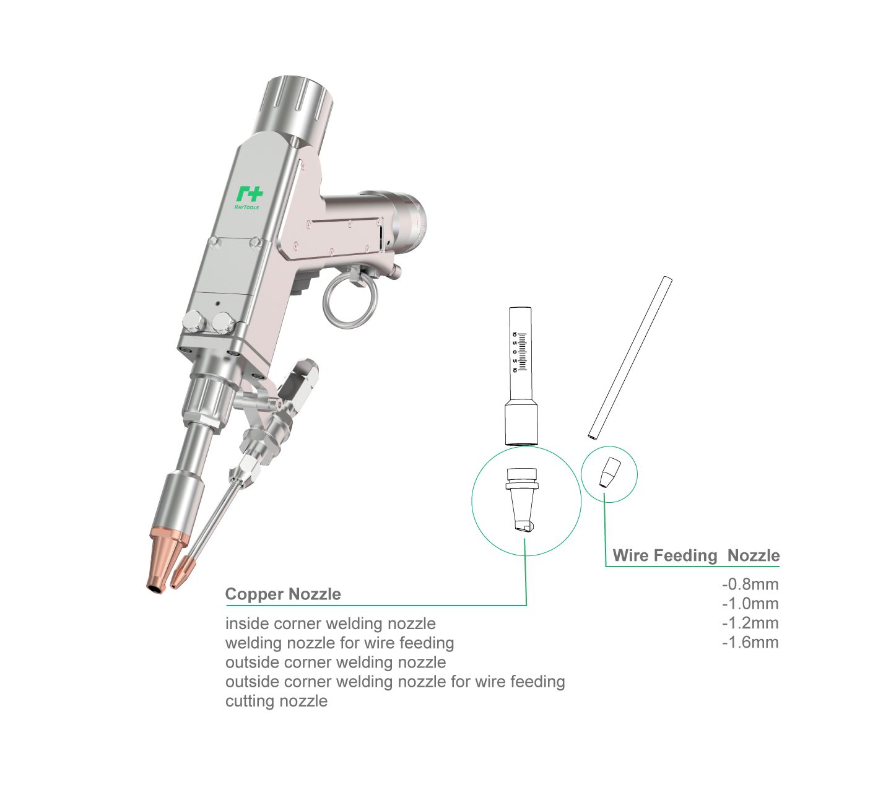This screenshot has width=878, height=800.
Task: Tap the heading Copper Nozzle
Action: (283, 594)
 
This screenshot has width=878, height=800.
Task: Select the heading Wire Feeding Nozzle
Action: (696, 555)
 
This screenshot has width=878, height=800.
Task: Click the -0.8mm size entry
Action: (750, 584)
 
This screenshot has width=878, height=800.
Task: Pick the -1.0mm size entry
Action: (750, 603)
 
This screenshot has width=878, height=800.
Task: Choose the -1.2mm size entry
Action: (750, 623)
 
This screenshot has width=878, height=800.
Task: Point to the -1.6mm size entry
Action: (750, 642)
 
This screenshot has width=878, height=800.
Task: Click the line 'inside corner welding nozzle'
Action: (331, 624)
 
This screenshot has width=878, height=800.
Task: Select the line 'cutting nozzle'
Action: (276, 700)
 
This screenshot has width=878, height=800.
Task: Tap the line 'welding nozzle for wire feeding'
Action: (340, 643)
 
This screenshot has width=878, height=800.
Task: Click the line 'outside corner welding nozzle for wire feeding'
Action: (395, 681)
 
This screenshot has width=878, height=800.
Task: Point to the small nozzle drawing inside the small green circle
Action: (610, 472)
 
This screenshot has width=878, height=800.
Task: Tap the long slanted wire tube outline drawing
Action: (630, 358)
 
